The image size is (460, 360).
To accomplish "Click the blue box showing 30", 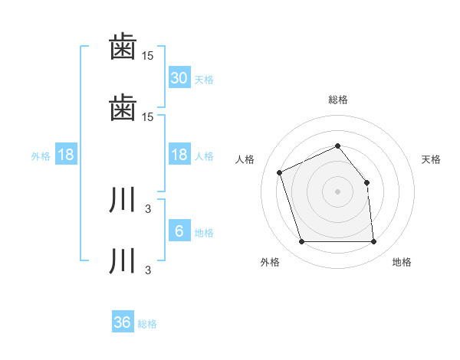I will pyautogui.click(x=179, y=77).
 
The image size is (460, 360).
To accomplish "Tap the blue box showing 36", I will pyautogui.click(x=123, y=322).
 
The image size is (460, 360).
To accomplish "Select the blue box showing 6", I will pyautogui.click(x=179, y=231).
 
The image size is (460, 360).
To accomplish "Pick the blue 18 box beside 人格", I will pyautogui.click(x=179, y=155).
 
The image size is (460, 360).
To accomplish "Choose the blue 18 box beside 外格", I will pyautogui.click(x=66, y=155).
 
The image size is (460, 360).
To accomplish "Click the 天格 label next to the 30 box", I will pyautogui.click(x=204, y=79).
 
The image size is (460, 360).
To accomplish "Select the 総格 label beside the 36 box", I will pyautogui.click(x=148, y=324).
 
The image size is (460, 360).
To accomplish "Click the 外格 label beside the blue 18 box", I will pyautogui.click(x=41, y=156).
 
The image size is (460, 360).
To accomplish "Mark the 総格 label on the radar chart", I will pyautogui.click(x=338, y=100).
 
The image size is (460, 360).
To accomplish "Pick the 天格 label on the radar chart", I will pyautogui.click(x=432, y=159).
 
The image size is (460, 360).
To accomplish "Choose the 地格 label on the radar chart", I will pyautogui.click(x=402, y=262).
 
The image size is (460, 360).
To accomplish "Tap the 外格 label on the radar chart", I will pyautogui.click(x=270, y=262).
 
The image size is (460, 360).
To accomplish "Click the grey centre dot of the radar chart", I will pyautogui.click(x=338, y=191).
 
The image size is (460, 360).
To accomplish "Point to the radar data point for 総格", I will pyautogui.click(x=338, y=146).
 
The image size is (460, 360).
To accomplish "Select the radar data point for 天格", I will pyautogui.click(x=366, y=182).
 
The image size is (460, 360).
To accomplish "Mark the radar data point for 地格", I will pyautogui.click(x=373, y=242).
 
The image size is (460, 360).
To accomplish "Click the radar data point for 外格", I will pyautogui.click(x=302, y=242).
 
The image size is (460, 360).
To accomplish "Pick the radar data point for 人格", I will pyautogui.click(x=281, y=172).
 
